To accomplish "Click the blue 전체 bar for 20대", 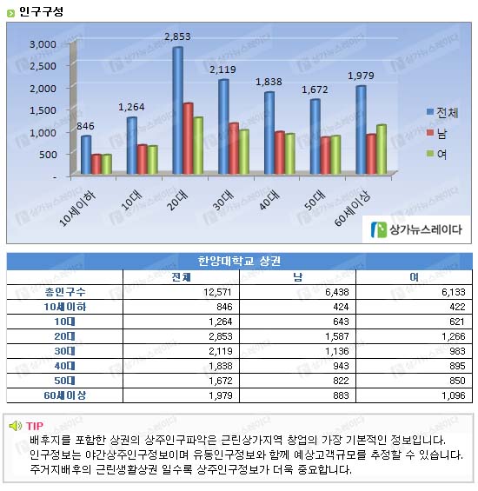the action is point(178,110).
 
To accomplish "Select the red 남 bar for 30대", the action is point(234,149).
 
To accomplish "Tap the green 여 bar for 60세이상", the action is point(382,149).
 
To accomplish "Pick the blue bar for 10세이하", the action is point(86,155).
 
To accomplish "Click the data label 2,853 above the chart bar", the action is point(177,36).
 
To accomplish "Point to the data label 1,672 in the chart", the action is point(315,90).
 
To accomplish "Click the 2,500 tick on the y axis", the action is point(43,66).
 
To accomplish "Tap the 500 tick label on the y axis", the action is point(48,155).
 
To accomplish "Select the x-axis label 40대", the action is point(269,199).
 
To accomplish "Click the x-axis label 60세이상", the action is point(352,208).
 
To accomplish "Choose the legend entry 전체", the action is point(442,113).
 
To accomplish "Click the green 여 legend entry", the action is point(436,154).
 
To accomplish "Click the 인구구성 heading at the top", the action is point(41,12).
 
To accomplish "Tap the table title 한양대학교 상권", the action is point(239,261).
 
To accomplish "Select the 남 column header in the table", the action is point(297,277).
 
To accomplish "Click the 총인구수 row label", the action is point(65,292).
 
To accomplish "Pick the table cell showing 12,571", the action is point(217,292).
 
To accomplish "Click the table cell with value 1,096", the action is point(454,395).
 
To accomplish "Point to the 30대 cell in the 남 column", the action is point(337,351).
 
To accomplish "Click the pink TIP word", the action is point(35,426).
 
